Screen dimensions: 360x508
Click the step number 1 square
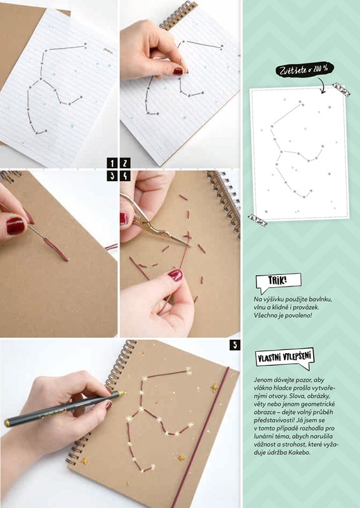pos(112,163)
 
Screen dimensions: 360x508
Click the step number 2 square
pos(125,163)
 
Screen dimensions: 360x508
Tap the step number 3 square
pos(112,176)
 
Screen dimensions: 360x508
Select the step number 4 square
pos(125,176)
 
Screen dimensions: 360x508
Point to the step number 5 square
pos(234,345)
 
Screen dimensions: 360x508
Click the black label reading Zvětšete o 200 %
pos(305,69)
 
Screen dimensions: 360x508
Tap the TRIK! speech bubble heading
pos(278,281)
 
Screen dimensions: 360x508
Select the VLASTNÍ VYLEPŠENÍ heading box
pos(284,358)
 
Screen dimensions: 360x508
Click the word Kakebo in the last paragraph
pos(300,453)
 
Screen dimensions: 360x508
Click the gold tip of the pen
pos(122,393)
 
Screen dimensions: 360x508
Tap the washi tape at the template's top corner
pos(341,90)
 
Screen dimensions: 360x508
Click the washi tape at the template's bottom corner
pos(258,220)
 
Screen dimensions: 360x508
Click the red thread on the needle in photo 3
pos(56,249)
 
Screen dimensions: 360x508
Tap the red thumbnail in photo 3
pos(15,226)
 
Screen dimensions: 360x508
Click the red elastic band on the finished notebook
pos(201,438)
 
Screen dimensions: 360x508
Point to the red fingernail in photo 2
pos(178,71)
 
